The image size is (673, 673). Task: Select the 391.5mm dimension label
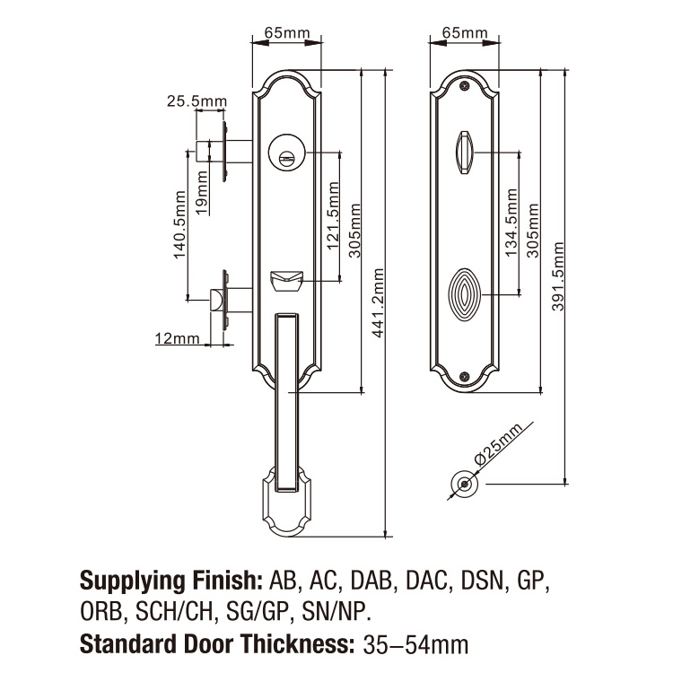click(557, 275)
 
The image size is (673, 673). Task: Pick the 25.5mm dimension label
click(197, 101)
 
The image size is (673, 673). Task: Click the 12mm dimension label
click(177, 338)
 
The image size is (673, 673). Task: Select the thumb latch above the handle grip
click(285, 282)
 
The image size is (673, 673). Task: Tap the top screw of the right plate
click(464, 86)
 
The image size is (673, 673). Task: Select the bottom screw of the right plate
click(464, 377)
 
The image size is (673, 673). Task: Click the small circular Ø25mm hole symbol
click(464, 483)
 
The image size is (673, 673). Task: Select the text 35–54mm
click(414, 643)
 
